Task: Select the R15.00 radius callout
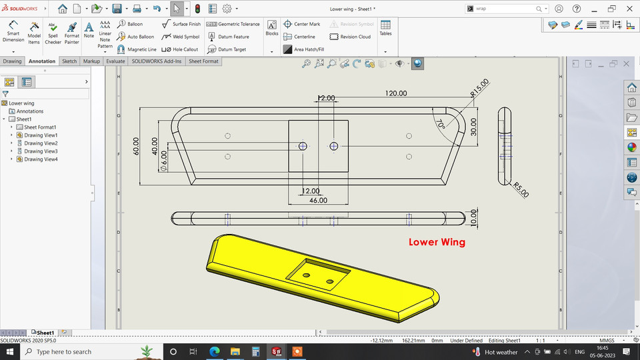click(479, 87)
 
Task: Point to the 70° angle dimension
click(441, 125)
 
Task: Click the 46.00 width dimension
click(318, 200)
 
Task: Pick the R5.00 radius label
click(520, 189)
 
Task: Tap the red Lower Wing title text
click(437, 242)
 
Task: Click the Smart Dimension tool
click(13, 31)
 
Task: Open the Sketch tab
click(69, 61)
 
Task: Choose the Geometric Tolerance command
click(233, 24)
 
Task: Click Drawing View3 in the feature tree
click(41, 151)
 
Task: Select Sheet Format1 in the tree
click(39, 127)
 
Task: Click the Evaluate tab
click(115, 61)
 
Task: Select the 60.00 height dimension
click(137, 146)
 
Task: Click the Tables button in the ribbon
click(385, 29)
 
